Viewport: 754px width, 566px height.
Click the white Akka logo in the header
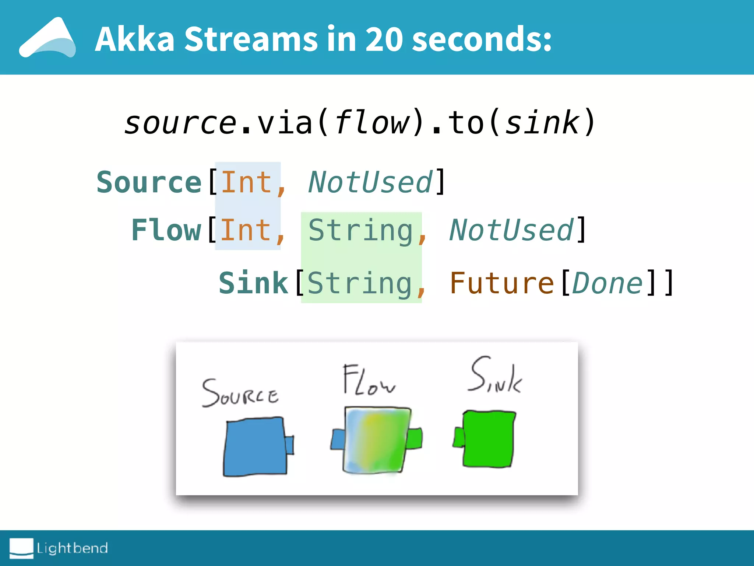click(x=48, y=38)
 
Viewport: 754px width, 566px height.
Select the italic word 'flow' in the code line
click(x=372, y=122)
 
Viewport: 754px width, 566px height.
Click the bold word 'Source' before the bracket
click(x=149, y=182)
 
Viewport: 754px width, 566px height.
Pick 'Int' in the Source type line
click(x=246, y=182)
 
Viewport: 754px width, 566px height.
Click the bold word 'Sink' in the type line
click(x=253, y=283)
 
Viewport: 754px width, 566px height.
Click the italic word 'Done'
click(x=607, y=283)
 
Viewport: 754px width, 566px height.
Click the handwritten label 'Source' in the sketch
click(x=240, y=394)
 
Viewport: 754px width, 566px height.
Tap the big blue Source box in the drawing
click(x=255, y=447)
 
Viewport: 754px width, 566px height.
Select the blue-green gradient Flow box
click(x=376, y=440)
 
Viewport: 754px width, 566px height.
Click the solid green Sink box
click(x=488, y=439)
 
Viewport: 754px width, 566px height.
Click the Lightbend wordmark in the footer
click(x=72, y=548)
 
